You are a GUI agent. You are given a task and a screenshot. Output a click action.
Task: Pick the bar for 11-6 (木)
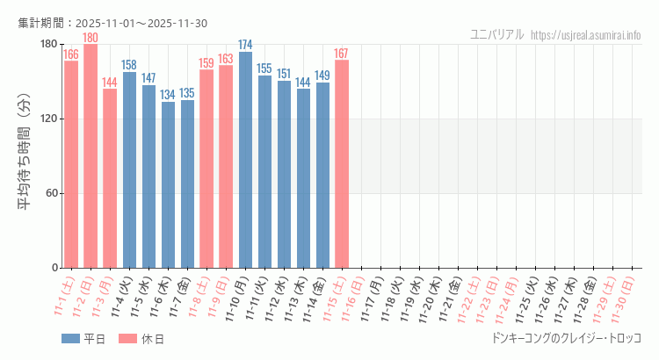click(168, 184)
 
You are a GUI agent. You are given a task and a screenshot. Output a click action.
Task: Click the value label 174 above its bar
click(245, 45)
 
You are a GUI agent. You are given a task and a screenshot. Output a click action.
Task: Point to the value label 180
click(91, 38)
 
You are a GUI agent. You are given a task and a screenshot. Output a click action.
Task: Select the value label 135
click(187, 93)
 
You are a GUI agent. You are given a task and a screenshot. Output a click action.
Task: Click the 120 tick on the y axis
click(48, 119)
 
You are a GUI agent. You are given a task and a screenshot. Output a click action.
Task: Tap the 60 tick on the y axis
click(51, 193)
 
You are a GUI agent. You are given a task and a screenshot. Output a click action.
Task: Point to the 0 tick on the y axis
click(54, 268)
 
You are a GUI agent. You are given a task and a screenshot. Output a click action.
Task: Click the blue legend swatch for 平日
click(70, 339)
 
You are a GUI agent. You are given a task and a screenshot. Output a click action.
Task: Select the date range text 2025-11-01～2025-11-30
click(141, 23)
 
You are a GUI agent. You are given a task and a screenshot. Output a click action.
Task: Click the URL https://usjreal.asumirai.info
click(586, 34)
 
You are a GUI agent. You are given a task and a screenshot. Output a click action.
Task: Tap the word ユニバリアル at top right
click(497, 34)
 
